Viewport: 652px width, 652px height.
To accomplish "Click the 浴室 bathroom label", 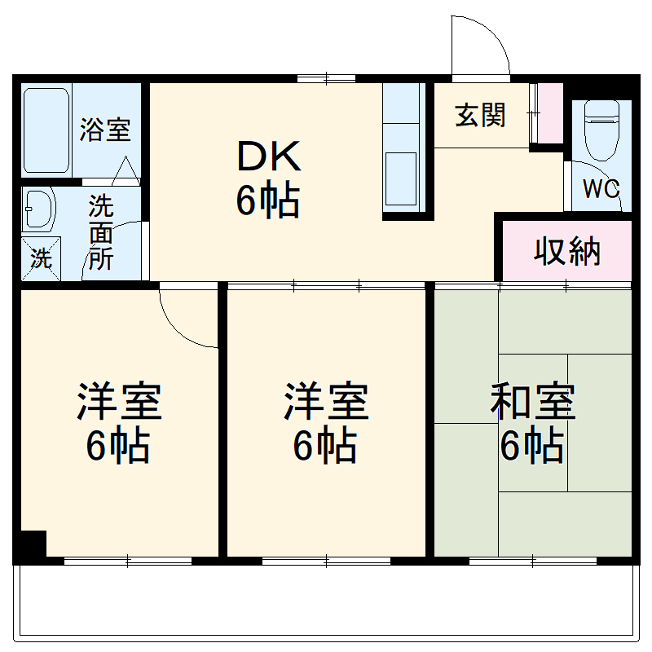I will (x=105, y=130).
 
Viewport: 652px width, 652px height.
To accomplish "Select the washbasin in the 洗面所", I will (x=37, y=210).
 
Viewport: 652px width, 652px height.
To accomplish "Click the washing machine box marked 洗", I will (x=41, y=258).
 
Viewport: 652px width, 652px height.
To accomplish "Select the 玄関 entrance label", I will (x=480, y=116).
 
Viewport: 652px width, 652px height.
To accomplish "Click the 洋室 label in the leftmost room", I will (x=119, y=401).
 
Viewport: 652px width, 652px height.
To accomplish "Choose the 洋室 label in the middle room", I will (x=326, y=401).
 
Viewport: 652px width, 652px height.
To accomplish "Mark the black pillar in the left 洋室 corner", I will (x=33, y=544).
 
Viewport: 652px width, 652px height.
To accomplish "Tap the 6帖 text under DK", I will (x=268, y=201).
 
